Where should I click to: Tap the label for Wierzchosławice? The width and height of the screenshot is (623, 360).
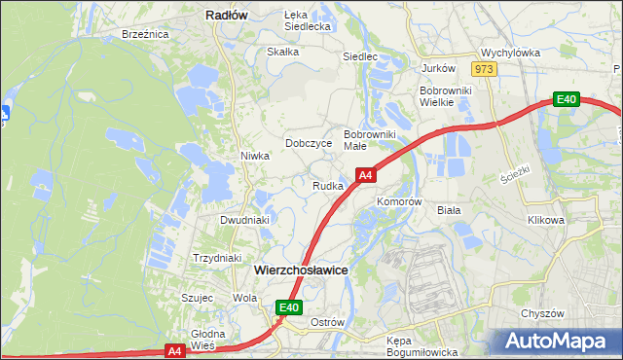[301, 270]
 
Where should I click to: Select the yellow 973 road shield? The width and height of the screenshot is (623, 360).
[484, 69]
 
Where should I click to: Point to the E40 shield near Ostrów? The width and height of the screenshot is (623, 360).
[288, 307]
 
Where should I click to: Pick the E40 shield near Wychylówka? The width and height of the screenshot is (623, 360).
[568, 98]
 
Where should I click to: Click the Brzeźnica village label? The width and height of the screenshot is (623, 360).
[145, 34]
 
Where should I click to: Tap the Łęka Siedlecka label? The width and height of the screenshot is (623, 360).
[308, 21]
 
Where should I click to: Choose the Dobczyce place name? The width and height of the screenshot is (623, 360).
[309, 143]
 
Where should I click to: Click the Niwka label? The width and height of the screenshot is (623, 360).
[254, 156]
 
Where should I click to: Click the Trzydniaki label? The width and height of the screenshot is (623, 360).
[216, 258]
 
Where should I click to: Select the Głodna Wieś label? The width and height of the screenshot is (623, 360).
[208, 340]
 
